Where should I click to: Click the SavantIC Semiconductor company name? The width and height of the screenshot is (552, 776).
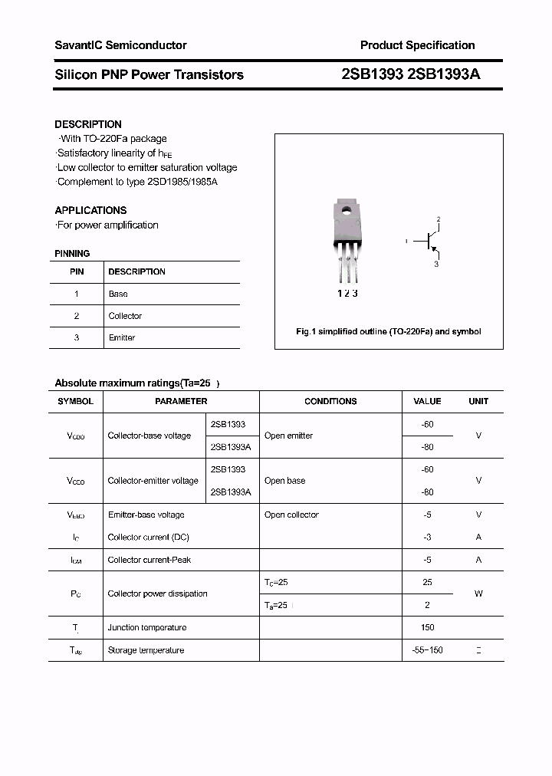(120, 45)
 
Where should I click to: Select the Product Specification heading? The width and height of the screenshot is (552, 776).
(417, 45)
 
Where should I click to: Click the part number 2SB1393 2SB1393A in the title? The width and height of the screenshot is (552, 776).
(411, 74)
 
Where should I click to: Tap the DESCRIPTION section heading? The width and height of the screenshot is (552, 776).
(88, 124)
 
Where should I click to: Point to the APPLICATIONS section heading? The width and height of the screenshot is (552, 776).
(90, 210)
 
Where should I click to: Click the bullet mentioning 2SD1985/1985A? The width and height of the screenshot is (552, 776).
(137, 182)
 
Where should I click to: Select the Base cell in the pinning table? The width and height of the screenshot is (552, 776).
(118, 294)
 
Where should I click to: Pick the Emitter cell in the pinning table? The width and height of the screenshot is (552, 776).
(121, 337)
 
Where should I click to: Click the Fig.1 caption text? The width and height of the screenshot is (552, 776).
(388, 332)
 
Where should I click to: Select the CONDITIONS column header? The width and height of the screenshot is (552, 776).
(330, 401)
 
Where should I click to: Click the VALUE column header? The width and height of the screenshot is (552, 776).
(427, 401)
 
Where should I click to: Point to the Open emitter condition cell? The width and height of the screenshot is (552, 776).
(289, 436)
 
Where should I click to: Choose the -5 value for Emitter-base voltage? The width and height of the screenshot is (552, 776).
(427, 515)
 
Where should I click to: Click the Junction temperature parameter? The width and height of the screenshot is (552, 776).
(147, 627)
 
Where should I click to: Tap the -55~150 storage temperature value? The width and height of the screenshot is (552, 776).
(427, 650)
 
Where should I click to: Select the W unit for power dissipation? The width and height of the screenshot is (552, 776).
(478, 594)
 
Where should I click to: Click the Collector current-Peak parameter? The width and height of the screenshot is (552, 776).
(149, 560)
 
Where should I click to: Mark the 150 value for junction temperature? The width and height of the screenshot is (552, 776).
(427, 627)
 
